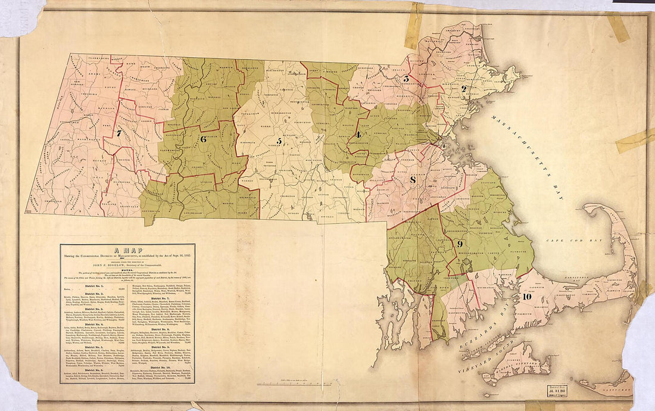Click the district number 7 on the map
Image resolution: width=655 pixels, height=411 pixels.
119,134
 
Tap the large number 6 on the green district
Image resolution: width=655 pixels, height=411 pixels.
203,139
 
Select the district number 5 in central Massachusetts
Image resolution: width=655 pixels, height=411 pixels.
279,141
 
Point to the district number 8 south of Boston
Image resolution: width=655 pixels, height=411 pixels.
413,180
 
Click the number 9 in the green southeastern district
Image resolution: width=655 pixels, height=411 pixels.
460,244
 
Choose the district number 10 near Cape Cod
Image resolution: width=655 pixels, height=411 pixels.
526,296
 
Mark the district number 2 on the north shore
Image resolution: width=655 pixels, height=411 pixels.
464,89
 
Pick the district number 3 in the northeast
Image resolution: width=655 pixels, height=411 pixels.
406,79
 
